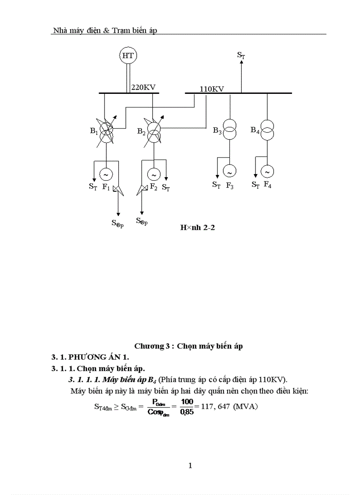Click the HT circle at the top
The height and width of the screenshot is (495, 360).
tap(128, 56)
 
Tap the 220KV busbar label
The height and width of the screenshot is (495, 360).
tap(143, 88)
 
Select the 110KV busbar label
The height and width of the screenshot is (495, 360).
tap(212, 89)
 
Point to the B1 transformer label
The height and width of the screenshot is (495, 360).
tap(94, 131)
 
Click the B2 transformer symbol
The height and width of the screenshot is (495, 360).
tap(154, 130)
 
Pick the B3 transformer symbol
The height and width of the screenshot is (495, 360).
tap(229, 129)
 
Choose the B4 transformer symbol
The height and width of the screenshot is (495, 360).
tap(267, 129)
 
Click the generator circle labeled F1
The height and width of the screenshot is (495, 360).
tap(106, 175)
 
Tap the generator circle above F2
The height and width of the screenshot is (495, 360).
tap(154, 175)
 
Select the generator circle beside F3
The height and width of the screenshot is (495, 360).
tap(229, 171)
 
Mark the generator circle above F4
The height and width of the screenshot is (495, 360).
tap(267, 171)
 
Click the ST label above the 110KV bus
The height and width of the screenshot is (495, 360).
tap(241, 55)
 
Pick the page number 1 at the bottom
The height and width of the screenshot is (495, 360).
tap(190, 465)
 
